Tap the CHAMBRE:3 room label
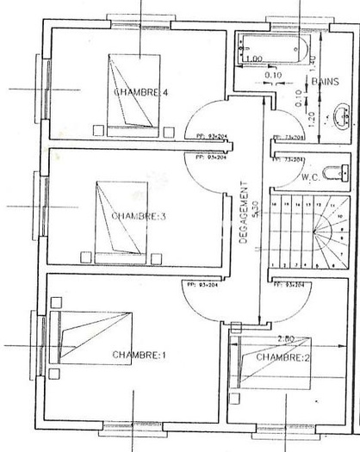click(138, 216)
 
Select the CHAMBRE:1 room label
click(137, 354)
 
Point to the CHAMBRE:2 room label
click(282, 357)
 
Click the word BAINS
click(325, 82)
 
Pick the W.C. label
click(311, 179)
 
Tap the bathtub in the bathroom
click(273, 47)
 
